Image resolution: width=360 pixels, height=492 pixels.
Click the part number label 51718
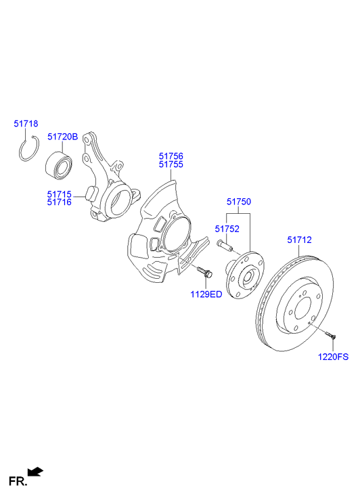(26, 124)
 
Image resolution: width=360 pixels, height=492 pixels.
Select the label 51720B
(63, 136)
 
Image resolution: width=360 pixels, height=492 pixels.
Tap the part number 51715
(60, 194)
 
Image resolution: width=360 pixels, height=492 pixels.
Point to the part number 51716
(60, 203)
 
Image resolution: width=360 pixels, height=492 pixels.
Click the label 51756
(171, 156)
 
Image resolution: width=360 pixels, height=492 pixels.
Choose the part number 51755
(171, 164)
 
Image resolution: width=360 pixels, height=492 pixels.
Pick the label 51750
(238, 202)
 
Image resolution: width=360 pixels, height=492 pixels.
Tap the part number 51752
(227, 229)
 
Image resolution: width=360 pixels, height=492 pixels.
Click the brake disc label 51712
(299, 239)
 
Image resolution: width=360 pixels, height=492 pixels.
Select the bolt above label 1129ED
(204, 272)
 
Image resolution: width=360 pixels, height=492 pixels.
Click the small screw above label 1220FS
(330, 334)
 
